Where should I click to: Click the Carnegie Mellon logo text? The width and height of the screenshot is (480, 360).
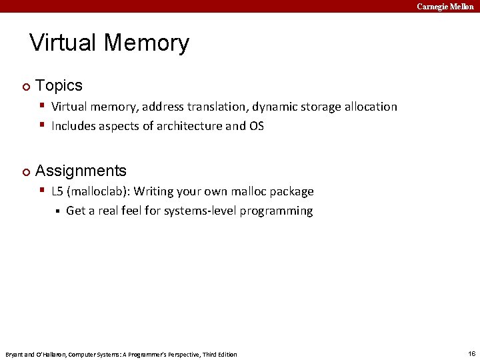[x=445, y=6]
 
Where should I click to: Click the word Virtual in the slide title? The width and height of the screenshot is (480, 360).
[x=65, y=43]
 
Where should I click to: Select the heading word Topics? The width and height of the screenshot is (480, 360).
[x=59, y=85]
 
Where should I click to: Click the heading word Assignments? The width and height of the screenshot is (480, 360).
[x=81, y=171]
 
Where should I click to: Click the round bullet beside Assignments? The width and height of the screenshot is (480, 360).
[x=25, y=172]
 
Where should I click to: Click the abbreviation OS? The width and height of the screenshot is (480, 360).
[x=257, y=126]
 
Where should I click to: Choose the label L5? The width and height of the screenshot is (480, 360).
[x=57, y=192]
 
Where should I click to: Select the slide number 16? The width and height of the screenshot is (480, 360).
[x=471, y=353]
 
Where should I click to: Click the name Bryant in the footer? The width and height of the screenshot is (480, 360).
[x=15, y=354]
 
